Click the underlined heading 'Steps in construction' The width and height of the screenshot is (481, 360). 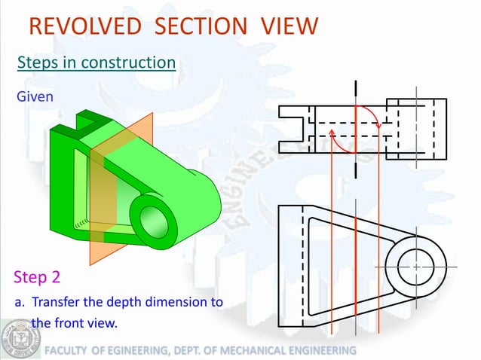(x=97, y=62)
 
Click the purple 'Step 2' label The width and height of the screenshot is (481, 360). (x=37, y=277)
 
